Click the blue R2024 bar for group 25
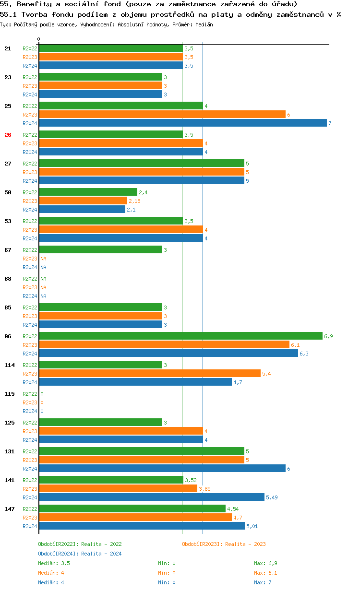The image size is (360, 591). (182, 123)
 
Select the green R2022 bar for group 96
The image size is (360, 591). (180, 336)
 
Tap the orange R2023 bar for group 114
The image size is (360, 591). (150, 374)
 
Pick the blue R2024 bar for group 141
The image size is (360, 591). (152, 497)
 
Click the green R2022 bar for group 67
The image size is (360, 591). (100, 250)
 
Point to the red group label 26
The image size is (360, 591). (8, 135)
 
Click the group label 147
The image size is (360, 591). (10, 509)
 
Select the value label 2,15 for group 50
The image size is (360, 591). (134, 201)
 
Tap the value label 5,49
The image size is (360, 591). (272, 497)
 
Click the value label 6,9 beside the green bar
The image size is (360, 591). (328, 336)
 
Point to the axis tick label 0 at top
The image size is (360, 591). (39, 39)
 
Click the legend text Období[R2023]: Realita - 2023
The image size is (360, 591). (224, 544)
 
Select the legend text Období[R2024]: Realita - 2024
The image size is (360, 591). (80, 554)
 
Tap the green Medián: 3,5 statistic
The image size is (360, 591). (54, 563)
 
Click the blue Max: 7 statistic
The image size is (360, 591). (263, 582)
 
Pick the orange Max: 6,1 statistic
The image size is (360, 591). (265, 573)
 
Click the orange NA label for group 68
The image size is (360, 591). (43, 287)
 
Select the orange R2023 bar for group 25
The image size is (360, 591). (162, 115)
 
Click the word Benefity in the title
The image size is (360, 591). (32, 4)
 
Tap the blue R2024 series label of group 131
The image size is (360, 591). (30, 469)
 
